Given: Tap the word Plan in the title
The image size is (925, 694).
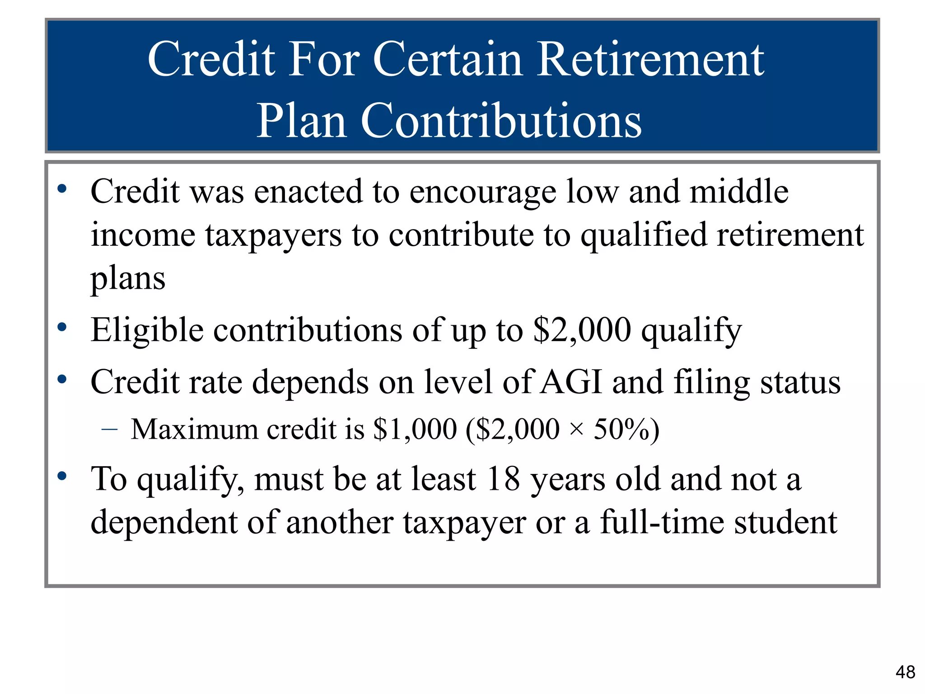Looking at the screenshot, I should pos(301,120).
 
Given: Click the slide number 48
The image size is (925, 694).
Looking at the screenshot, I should pos(905,672).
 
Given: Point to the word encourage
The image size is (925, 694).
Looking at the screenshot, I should pos(482,192).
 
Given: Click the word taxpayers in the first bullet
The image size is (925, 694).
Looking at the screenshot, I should pos(273,235).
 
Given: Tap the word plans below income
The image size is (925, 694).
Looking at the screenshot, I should pos(128,278).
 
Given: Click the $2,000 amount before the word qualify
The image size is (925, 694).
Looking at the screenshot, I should pos(582,330).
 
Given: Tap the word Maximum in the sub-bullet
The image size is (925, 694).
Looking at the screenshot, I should pos(195,429).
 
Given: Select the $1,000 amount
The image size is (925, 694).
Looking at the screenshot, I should pos(415,429).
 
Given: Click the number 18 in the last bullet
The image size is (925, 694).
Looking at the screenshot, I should pos(503,479).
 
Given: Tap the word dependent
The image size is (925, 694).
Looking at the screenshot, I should pos(164,523).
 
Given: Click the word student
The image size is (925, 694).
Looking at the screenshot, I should pos(785,523).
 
